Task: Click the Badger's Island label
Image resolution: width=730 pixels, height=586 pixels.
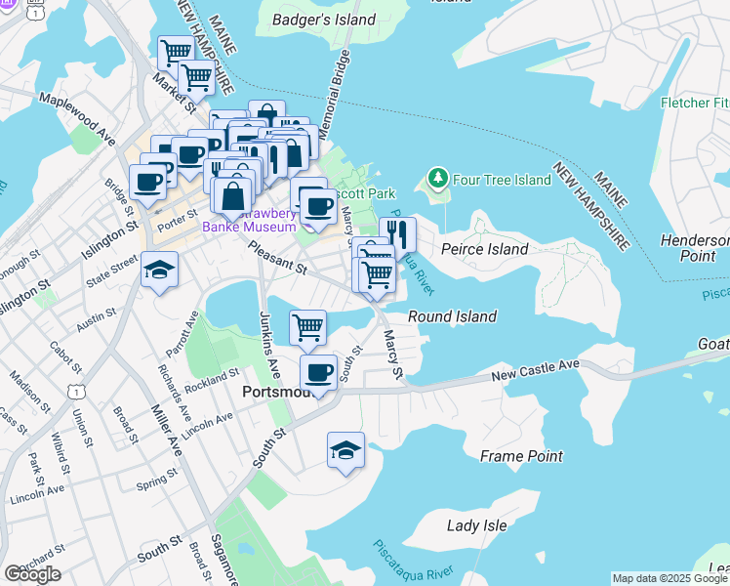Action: point(323,20)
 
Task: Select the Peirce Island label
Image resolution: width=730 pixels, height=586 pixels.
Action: point(484,249)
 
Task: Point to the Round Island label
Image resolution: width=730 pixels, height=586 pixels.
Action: point(452,316)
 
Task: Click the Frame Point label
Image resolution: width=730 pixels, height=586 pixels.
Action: point(521,456)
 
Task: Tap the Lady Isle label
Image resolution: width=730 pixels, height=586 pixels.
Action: point(476,525)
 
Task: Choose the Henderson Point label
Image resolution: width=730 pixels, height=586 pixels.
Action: point(694,248)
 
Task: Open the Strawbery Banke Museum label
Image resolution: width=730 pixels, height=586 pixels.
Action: point(249,221)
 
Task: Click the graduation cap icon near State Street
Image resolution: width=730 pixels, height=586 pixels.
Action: point(160,270)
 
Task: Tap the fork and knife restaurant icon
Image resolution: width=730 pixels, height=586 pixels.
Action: point(398,233)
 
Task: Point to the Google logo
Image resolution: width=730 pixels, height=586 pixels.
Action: point(32,574)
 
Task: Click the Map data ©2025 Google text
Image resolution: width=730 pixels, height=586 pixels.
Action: point(669,578)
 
